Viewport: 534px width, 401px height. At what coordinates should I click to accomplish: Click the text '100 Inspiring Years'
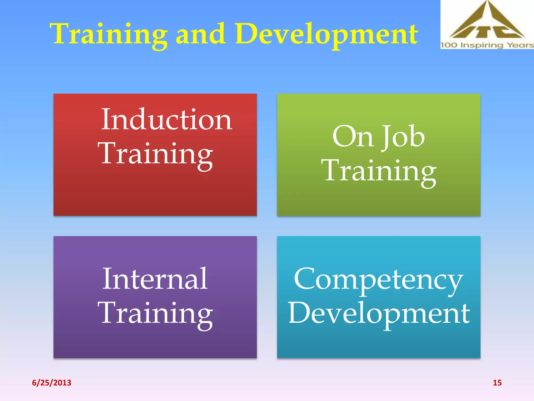[487, 45]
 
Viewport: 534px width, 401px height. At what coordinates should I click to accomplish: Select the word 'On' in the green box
[353, 137]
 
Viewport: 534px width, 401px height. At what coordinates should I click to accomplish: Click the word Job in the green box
[403, 137]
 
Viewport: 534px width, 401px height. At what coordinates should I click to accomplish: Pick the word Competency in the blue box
[379, 280]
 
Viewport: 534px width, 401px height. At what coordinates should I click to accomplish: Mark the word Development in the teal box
[379, 313]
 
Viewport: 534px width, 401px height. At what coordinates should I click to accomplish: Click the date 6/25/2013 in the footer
[52, 383]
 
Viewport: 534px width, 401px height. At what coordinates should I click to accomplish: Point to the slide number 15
[497, 383]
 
